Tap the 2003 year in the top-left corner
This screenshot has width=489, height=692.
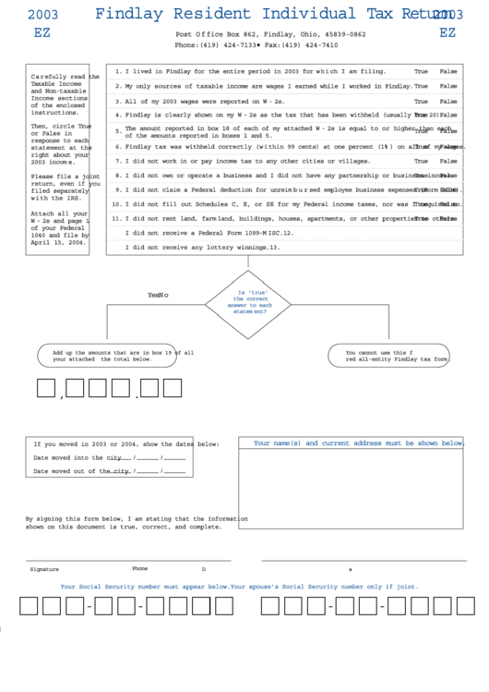point(42,15)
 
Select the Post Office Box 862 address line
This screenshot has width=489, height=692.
point(269,34)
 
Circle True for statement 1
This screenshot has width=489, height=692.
point(421,71)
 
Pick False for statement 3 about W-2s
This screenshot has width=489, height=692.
point(447,101)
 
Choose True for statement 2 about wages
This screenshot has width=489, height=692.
point(421,86)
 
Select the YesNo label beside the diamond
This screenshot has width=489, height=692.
point(159,295)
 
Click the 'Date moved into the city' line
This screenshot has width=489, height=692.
point(109,457)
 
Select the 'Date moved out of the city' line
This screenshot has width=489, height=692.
point(112,471)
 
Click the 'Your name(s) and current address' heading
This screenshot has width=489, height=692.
point(358,443)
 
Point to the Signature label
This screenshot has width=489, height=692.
point(44,569)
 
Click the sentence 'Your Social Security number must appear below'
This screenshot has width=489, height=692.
point(144,587)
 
